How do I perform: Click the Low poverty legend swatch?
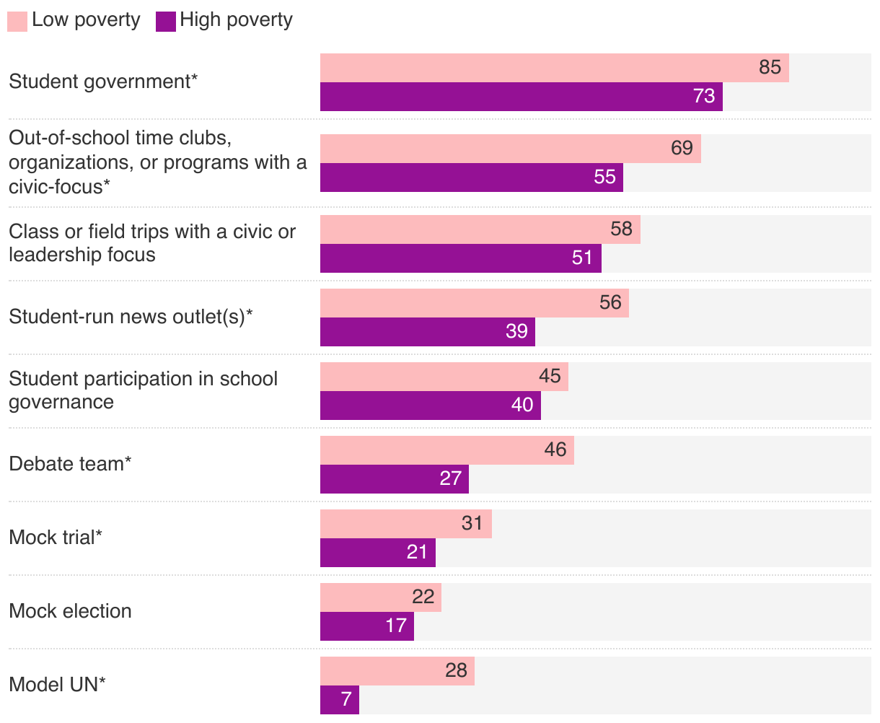(x=17, y=21)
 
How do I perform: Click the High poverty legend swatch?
(x=166, y=21)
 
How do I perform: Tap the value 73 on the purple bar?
(x=703, y=96)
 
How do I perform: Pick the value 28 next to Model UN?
(x=456, y=670)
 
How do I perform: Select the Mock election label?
(x=70, y=611)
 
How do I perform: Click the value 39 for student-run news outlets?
(x=516, y=331)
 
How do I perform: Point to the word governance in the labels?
(x=61, y=402)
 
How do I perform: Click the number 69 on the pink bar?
(x=682, y=148)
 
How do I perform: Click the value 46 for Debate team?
(x=555, y=450)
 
